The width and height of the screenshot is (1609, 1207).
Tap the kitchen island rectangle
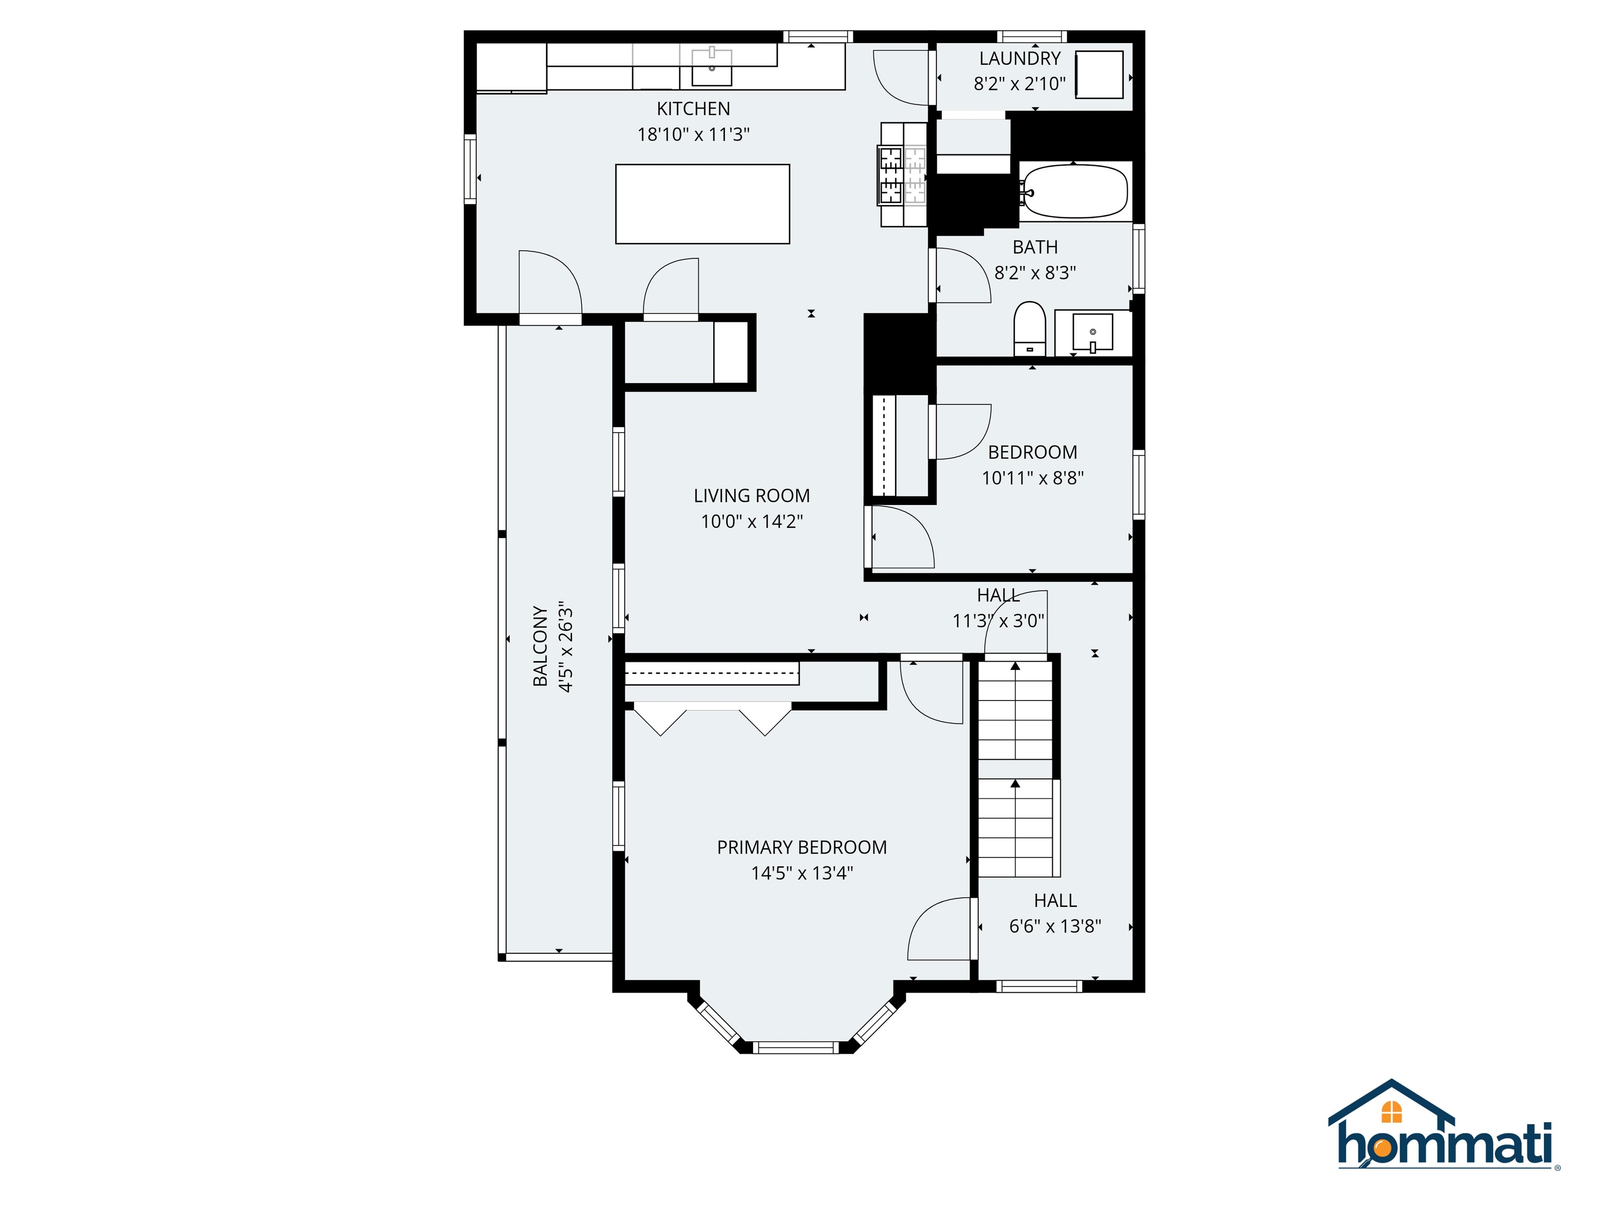702,204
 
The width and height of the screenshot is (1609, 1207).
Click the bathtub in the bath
1074,191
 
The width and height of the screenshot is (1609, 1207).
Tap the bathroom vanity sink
1093,334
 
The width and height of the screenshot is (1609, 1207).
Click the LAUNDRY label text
1019,59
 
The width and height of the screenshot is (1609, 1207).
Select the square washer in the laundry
1099,75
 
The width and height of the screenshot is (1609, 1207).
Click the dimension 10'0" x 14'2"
752,522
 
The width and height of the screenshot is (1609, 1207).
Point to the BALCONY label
539,645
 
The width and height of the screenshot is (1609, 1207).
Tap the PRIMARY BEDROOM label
801,848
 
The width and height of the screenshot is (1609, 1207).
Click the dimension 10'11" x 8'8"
1032,478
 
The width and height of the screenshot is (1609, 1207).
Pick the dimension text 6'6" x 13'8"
1055,926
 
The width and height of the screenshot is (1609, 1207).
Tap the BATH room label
1034,247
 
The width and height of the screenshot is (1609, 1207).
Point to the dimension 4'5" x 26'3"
566,645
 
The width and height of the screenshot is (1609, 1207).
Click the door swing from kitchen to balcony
550,284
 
